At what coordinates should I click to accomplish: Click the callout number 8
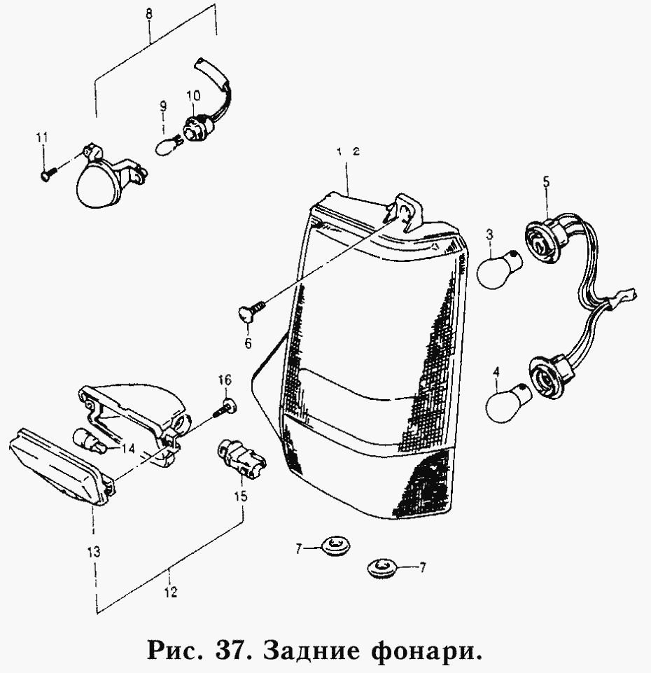point(148,13)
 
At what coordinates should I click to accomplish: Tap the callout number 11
point(41,138)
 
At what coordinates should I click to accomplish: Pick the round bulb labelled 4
point(502,402)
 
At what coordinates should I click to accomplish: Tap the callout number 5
point(546,182)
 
